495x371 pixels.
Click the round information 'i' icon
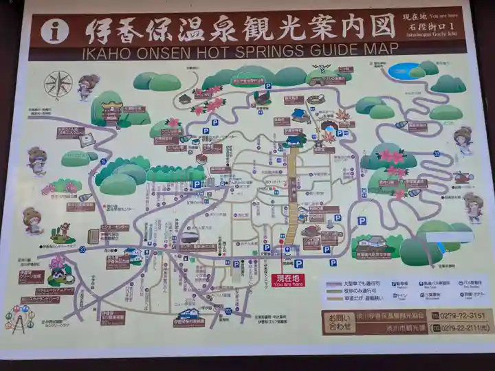(54, 30)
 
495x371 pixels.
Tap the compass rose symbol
(58, 84)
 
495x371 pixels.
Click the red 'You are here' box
(287, 280)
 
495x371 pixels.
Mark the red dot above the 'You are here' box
(281, 260)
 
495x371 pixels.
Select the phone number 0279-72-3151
(457, 315)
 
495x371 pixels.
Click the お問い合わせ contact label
(338, 322)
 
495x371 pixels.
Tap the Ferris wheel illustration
(19, 318)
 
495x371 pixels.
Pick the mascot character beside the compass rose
(88, 86)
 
